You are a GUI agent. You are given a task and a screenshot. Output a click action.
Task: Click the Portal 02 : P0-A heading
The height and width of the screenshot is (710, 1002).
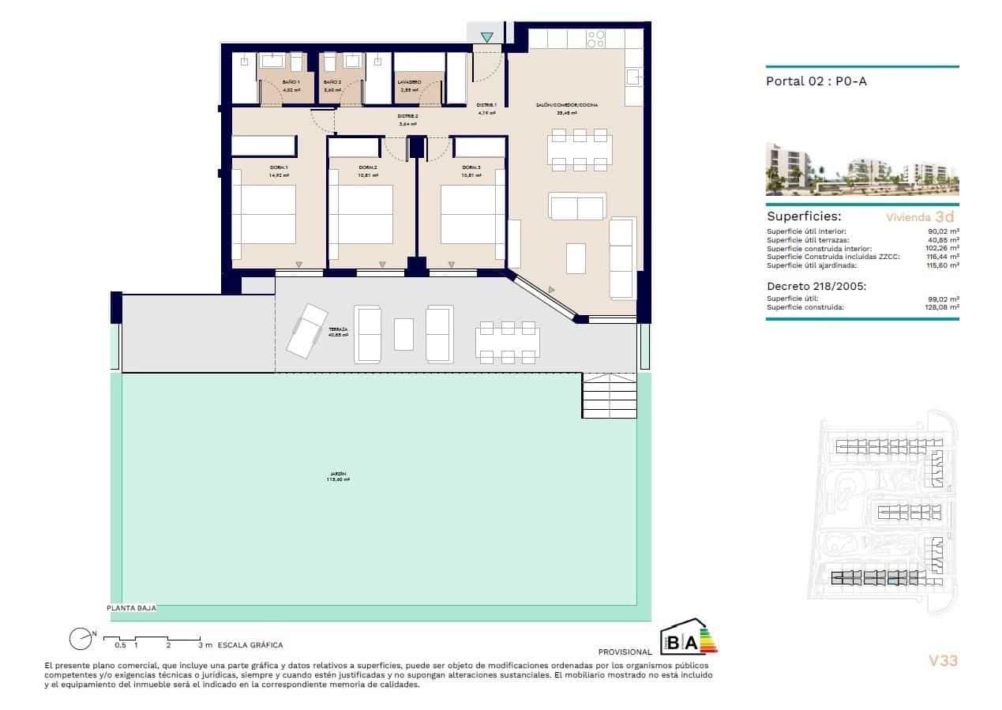click(x=816, y=81)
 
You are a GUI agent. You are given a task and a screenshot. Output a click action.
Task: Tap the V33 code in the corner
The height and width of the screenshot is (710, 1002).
click(x=943, y=660)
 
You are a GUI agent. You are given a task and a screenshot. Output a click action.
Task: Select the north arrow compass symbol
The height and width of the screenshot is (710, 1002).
click(x=81, y=638)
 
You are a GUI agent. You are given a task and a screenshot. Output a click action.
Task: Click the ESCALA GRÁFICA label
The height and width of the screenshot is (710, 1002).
click(x=250, y=645)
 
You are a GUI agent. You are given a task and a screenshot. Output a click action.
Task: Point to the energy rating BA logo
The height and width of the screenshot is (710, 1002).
click(x=689, y=637)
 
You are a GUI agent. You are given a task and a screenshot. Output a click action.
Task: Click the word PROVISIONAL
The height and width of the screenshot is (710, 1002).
click(x=625, y=652)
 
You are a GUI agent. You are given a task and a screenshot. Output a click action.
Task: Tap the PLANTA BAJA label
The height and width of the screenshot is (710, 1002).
click(x=132, y=608)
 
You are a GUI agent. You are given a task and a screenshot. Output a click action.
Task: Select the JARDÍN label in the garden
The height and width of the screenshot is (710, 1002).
click(x=337, y=476)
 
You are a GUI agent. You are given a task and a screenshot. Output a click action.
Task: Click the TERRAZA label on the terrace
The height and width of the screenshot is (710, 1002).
click(x=338, y=331)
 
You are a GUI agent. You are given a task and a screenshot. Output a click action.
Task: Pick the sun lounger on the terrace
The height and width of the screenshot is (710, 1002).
click(x=303, y=330)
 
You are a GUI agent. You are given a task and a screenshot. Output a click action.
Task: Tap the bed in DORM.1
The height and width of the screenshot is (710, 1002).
click(x=264, y=214)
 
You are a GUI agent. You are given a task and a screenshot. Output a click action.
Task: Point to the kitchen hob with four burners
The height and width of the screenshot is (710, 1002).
click(x=596, y=39)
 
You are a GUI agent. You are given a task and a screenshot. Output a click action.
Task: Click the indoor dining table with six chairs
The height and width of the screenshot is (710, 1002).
click(x=580, y=149)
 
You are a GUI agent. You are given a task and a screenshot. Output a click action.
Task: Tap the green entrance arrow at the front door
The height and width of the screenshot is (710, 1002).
click(x=487, y=36)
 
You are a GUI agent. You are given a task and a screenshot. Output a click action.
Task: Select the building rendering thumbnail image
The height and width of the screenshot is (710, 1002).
click(x=862, y=169)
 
